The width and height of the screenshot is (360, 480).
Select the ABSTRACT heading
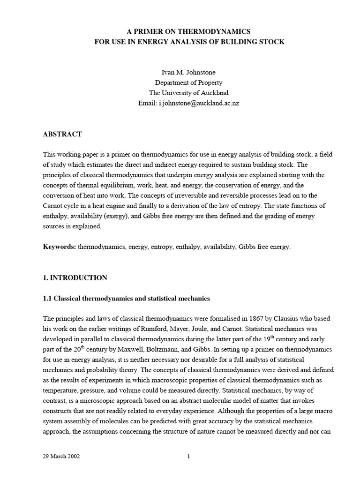62,134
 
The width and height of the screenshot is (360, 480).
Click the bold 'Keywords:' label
60,247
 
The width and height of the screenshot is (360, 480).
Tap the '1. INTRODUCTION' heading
75,277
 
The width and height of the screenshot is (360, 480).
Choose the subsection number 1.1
48,298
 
